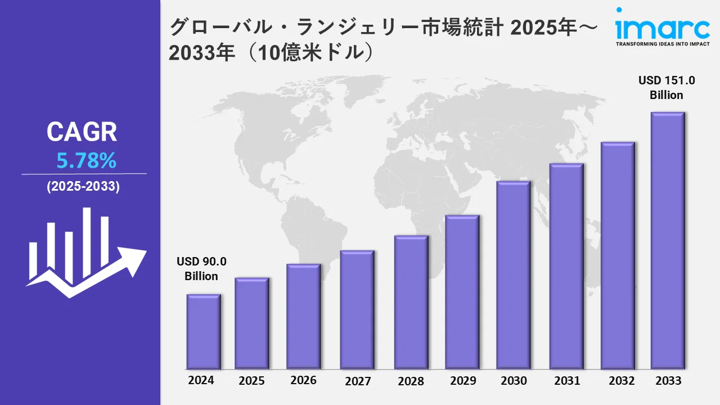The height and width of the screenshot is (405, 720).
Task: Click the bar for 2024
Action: tap(204, 331)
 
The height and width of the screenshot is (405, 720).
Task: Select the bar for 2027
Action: tap(357, 309)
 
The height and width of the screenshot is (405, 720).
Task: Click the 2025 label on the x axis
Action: tap(251, 381)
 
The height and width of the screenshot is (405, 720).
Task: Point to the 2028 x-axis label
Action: tap(411, 381)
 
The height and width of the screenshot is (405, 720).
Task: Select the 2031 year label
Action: tap(566, 381)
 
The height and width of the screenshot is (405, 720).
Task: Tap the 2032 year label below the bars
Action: tap(622, 380)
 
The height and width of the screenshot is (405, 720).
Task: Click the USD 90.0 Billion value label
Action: tap(201, 269)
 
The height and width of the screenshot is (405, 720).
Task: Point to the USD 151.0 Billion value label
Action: tap(667, 88)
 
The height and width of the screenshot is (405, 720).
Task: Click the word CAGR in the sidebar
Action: tap(82, 133)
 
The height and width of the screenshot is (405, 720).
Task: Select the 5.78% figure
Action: tap(86, 161)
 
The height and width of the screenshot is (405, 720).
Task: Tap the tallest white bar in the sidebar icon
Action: tap(87, 242)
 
